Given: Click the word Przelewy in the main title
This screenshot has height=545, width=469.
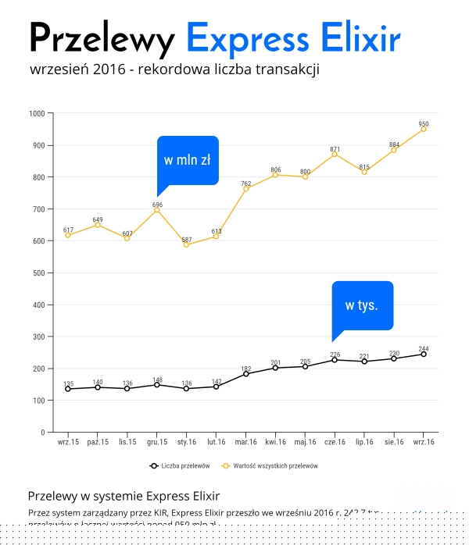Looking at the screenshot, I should [x=102, y=39].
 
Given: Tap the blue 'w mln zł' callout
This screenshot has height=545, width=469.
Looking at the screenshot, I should [x=188, y=161].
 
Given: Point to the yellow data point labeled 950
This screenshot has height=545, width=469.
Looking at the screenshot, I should [x=424, y=129].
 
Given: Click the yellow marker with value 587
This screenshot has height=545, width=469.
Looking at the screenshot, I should [x=186, y=244].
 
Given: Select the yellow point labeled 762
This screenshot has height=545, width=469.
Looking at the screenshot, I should [x=245, y=189].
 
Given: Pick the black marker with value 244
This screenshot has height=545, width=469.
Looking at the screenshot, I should [x=424, y=354].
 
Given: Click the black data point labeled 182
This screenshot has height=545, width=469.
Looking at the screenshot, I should [x=245, y=374].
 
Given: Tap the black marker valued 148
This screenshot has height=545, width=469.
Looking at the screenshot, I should [x=156, y=385].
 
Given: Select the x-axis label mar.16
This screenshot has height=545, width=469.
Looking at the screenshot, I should [x=245, y=442].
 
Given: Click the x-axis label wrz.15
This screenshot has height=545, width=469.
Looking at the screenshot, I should [x=67, y=442].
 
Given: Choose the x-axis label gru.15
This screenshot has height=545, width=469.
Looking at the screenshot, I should [x=156, y=442].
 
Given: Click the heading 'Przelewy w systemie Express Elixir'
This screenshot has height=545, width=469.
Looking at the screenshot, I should [x=124, y=496].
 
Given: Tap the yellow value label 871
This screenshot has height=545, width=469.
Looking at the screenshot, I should [x=335, y=148].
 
